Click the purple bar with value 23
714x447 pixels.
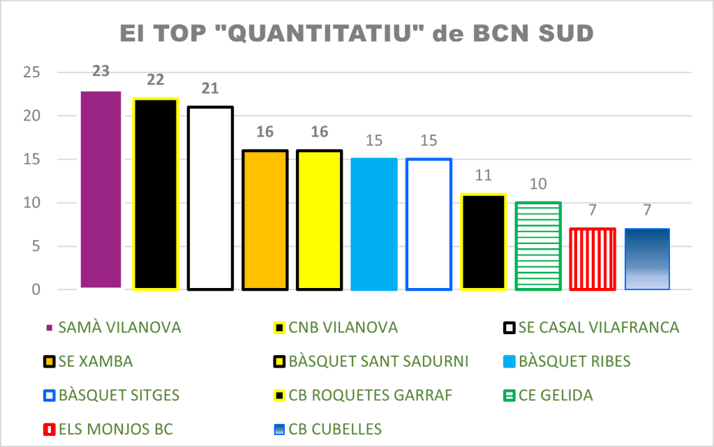pyautogui.click(x=101, y=189)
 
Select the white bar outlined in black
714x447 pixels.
pyautogui.click(x=210, y=198)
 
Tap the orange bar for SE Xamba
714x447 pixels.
pyautogui.click(x=265, y=220)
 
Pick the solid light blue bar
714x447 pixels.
pyautogui.click(x=374, y=224)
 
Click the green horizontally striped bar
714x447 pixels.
pyautogui.click(x=538, y=245)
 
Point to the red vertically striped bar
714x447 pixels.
pyautogui.click(x=593, y=259)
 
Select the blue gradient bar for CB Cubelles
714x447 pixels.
pyautogui.click(x=647, y=259)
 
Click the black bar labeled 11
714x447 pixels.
pyautogui.click(x=484, y=241)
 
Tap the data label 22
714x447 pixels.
pyautogui.click(x=156, y=80)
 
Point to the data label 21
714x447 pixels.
pyautogui.click(x=210, y=89)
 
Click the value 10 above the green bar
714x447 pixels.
pyautogui.click(x=538, y=184)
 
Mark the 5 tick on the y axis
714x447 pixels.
pyautogui.click(x=34, y=246)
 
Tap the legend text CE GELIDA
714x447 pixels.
pyautogui.click(x=558, y=395)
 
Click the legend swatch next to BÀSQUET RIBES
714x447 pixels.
pyautogui.click(x=510, y=362)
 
